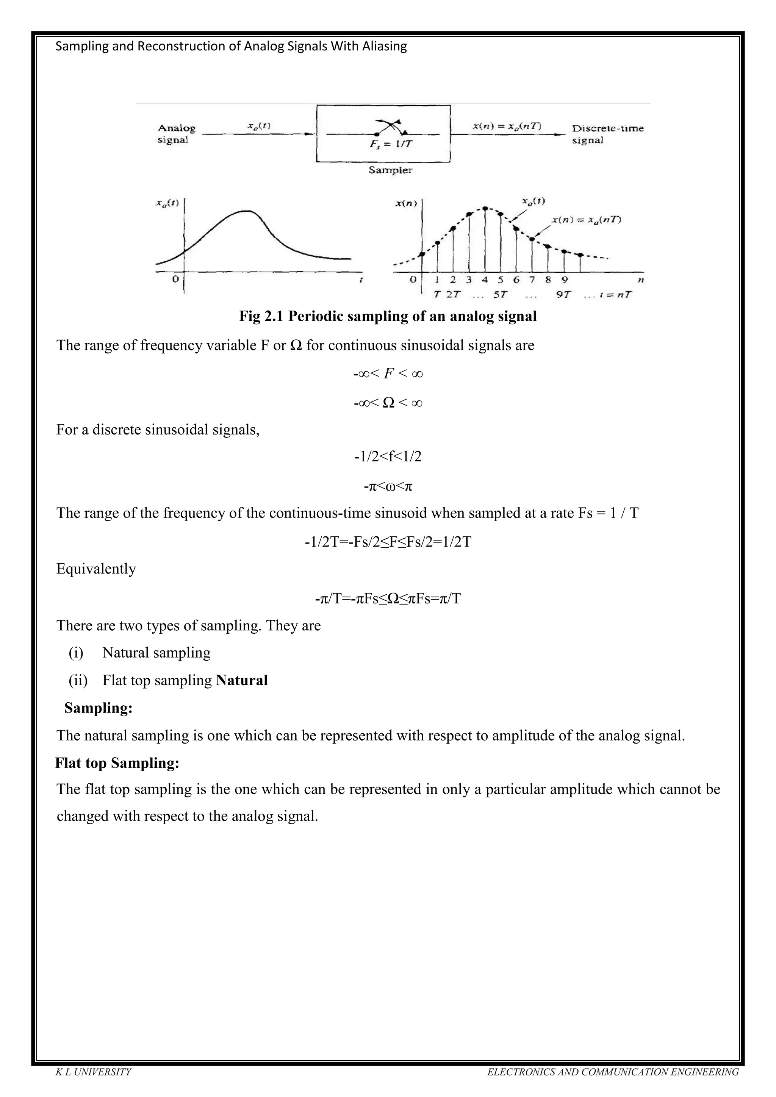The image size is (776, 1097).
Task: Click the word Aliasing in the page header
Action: pyautogui.click(x=385, y=46)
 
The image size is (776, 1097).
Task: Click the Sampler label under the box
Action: pyautogui.click(x=390, y=170)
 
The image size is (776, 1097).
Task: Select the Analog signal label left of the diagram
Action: pyautogui.click(x=176, y=134)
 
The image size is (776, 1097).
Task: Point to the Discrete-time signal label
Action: pyautogui.click(x=607, y=134)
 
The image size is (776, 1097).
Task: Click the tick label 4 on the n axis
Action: pyautogui.click(x=485, y=280)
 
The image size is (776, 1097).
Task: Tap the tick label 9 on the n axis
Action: pyautogui.click(x=564, y=280)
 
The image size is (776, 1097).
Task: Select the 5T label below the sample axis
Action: pyautogui.click(x=500, y=295)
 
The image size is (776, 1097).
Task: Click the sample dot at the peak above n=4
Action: pyautogui.click(x=485, y=208)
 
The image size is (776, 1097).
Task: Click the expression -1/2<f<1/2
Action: pyautogui.click(x=388, y=457)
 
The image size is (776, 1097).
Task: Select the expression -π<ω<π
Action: pyautogui.click(x=388, y=486)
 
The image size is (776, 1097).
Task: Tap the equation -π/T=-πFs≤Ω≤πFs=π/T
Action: pyautogui.click(x=388, y=598)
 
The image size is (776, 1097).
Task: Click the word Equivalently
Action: pyautogui.click(x=96, y=569)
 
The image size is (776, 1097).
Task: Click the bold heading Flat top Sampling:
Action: pyautogui.click(x=117, y=763)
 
